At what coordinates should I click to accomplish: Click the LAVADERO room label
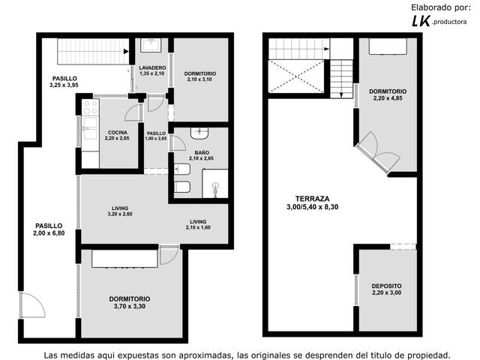click(152, 67)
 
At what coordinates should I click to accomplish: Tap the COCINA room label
click(118, 133)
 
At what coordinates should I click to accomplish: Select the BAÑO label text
click(202, 152)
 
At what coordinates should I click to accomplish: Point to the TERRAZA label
click(312, 199)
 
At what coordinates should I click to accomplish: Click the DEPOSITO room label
click(387, 286)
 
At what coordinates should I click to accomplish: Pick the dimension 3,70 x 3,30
click(130, 306)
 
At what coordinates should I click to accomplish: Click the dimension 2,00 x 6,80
click(49, 233)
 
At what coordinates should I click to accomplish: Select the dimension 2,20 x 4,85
click(388, 98)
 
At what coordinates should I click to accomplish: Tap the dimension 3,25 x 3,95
click(64, 85)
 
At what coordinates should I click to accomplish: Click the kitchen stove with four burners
click(90, 106)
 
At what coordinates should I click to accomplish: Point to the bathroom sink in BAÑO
click(199, 133)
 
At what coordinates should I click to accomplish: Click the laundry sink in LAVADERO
click(151, 45)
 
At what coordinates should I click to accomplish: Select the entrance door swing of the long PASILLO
click(32, 305)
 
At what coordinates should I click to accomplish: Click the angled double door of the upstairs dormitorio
click(378, 152)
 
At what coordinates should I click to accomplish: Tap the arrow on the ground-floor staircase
click(126, 52)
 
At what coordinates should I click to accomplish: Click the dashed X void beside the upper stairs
click(296, 76)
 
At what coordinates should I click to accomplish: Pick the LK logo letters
click(421, 21)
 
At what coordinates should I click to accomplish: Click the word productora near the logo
click(449, 22)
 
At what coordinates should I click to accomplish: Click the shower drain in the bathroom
click(216, 185)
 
